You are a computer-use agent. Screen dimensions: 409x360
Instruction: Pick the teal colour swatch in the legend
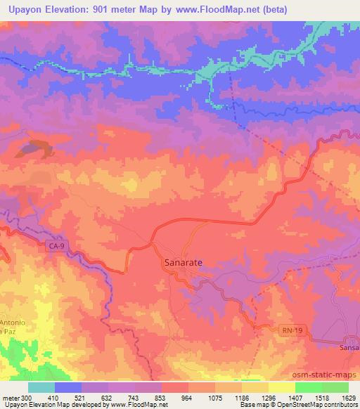41,387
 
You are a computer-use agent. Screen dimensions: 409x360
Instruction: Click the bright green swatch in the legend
309,387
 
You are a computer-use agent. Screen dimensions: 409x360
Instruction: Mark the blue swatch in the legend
67,387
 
